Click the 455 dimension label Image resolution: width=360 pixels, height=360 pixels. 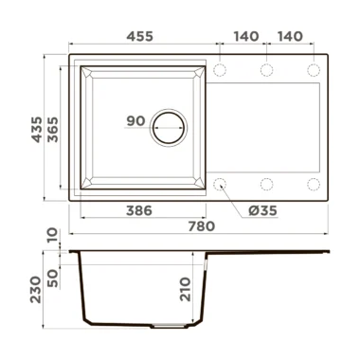tap(140, 36)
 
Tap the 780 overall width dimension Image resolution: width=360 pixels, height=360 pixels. tap(202, 226)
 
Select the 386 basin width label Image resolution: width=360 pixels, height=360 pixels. tap(139, 210)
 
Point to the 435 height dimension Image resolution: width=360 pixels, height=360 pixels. tap(37, 130)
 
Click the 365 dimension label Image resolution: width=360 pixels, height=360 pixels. tap(53, 130)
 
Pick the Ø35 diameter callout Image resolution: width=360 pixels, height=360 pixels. tap(262, 210)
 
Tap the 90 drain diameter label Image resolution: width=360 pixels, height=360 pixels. tap(135, 120)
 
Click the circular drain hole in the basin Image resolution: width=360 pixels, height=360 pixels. tap(169, 128)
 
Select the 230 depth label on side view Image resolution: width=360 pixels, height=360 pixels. tap(36, 290)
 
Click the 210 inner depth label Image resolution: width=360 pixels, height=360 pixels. tap(186, 289)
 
